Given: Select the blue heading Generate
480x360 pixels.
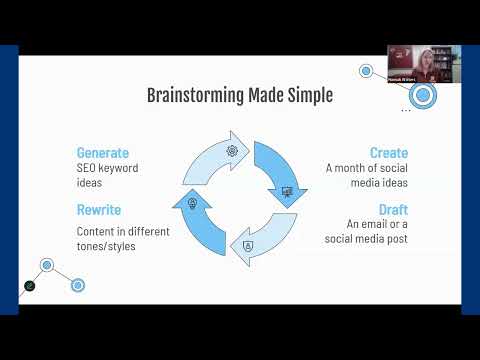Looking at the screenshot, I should tap(103, 153).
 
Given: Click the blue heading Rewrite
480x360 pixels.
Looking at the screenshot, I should tap(99, 211).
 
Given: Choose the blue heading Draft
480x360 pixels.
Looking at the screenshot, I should tap(393, 210).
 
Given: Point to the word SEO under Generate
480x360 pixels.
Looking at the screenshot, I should tap(90, 170).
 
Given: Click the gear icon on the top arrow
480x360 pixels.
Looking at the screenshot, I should tap(232, 150).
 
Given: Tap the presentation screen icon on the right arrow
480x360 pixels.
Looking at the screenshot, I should tap(288, 191).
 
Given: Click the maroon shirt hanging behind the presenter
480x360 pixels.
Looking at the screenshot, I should tap(398, 58).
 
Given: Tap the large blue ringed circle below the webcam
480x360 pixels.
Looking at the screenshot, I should tap(423, 96).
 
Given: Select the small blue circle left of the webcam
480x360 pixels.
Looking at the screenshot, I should tap(366, 72).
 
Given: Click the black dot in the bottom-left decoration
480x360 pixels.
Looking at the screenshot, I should tap(31, 286).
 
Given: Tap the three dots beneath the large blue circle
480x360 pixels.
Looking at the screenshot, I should tap(406, 111).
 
